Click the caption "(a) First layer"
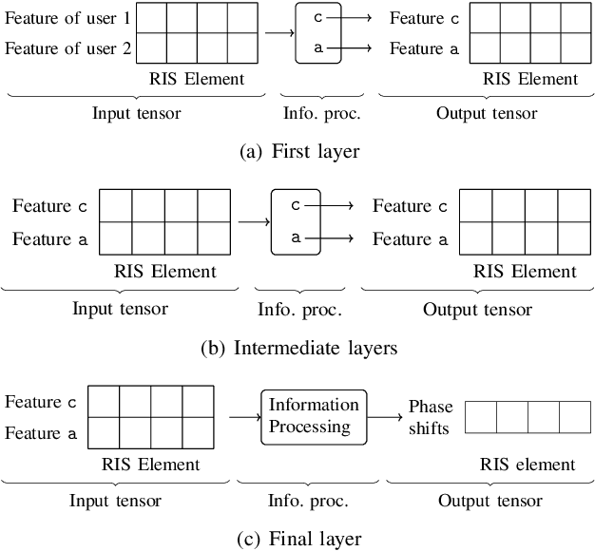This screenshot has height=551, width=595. pyautogui.click(x=298, y=150)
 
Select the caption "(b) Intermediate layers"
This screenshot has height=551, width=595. pyautogui.click(x=298, y=348)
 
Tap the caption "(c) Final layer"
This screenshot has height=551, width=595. pyautogui.click(x=298, y=539)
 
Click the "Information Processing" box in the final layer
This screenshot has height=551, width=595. pyautogui.click(x=314, y=416)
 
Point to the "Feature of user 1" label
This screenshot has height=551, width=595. pyautogui.click(x=68, y=18)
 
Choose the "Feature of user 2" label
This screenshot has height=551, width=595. pyautogui.click(x=68, y=48)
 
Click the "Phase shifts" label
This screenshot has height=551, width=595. pyautogui.click(x=431, y=416)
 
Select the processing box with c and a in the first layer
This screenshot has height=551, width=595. pyautogui.click(x=317, y=33)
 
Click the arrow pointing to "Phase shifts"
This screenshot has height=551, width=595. pyautogui.click(x=385, y=416)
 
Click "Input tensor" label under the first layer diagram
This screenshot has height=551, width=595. pyautogui.click(x=136, y=113)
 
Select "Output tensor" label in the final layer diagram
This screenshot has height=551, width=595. pyautogui.click(x=491, y=501)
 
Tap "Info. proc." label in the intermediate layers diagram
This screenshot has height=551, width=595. pyautogui.click(x=299, y=309)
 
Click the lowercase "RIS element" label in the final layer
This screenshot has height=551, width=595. pyautogui.click(x=528, y=465)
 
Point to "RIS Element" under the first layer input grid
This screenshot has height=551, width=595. pyautogui.click(x=197, y=79)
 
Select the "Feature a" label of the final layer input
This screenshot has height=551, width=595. pyautogui.click(x=41, y=433)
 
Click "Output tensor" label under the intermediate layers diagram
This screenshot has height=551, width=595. pyautogui.click(x=477, y=309)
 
